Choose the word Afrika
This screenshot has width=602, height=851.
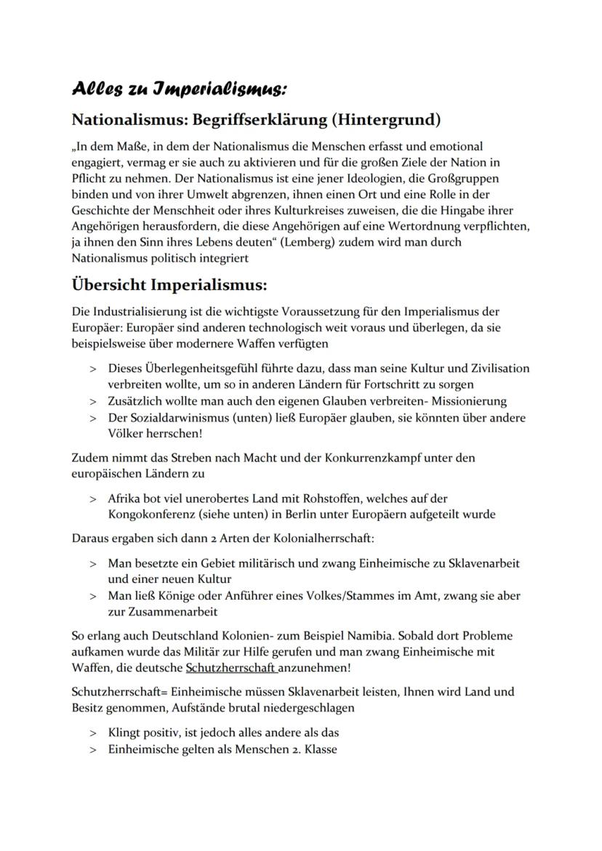(x=124, y=499)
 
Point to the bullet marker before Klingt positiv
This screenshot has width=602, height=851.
(x=93, y=733)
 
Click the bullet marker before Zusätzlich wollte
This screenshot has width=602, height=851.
(x=93, y=401)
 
